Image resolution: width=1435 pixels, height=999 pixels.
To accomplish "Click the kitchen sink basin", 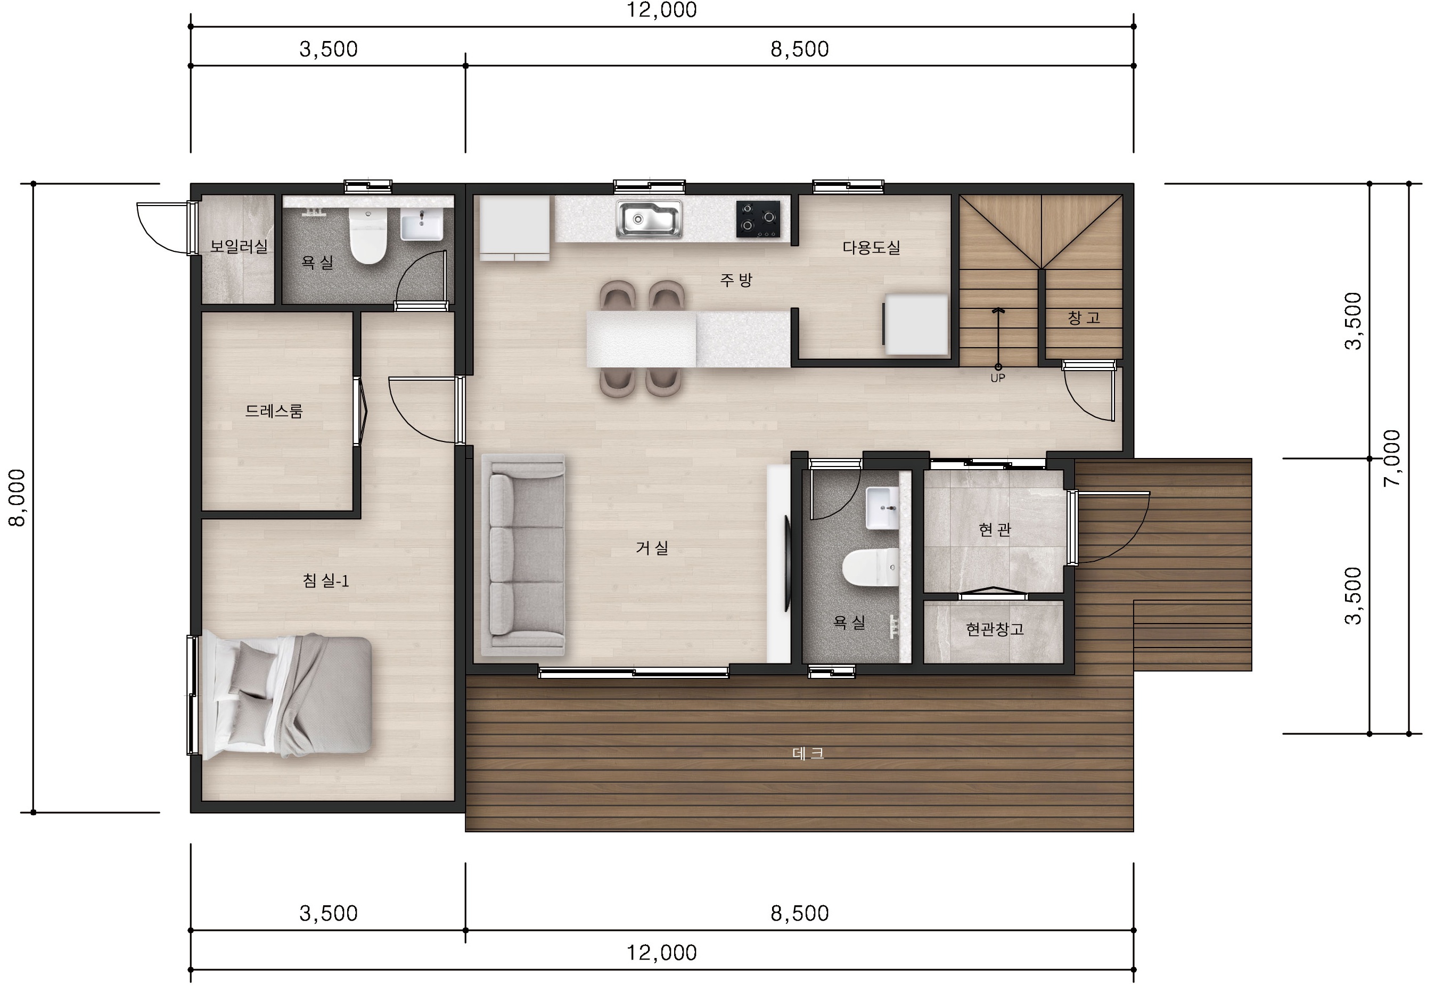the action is [x=649, y=219].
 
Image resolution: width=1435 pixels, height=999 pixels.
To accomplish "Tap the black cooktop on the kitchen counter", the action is [x=758, y=219].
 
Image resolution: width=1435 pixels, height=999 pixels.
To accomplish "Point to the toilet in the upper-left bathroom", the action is [x=368, y=236].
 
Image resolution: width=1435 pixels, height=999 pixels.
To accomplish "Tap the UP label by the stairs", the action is [x=997, y=378].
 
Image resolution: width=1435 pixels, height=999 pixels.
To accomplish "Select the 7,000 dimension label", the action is [x=1392, y=458].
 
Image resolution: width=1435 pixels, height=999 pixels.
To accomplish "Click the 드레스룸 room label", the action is [x=274, y=411].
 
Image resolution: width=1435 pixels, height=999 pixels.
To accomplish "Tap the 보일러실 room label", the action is [x=239, y=247].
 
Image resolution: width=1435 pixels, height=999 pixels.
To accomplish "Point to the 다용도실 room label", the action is [x=871, y=248].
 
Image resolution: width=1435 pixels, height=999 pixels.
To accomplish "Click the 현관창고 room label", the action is [x=994, y=629].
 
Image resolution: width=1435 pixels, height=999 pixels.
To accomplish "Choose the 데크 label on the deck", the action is [x=808, y=754].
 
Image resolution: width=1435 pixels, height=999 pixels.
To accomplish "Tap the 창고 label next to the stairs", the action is [x=1084, y=317].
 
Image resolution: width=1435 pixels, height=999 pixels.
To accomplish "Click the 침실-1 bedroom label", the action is [x=326, y=581].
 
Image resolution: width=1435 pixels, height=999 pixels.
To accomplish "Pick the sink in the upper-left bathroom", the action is [x=421, y=225].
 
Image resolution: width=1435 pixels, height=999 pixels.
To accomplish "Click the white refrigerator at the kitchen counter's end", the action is [x=514, y=227].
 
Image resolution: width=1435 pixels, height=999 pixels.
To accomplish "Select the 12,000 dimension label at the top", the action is [x=661, y=10].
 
